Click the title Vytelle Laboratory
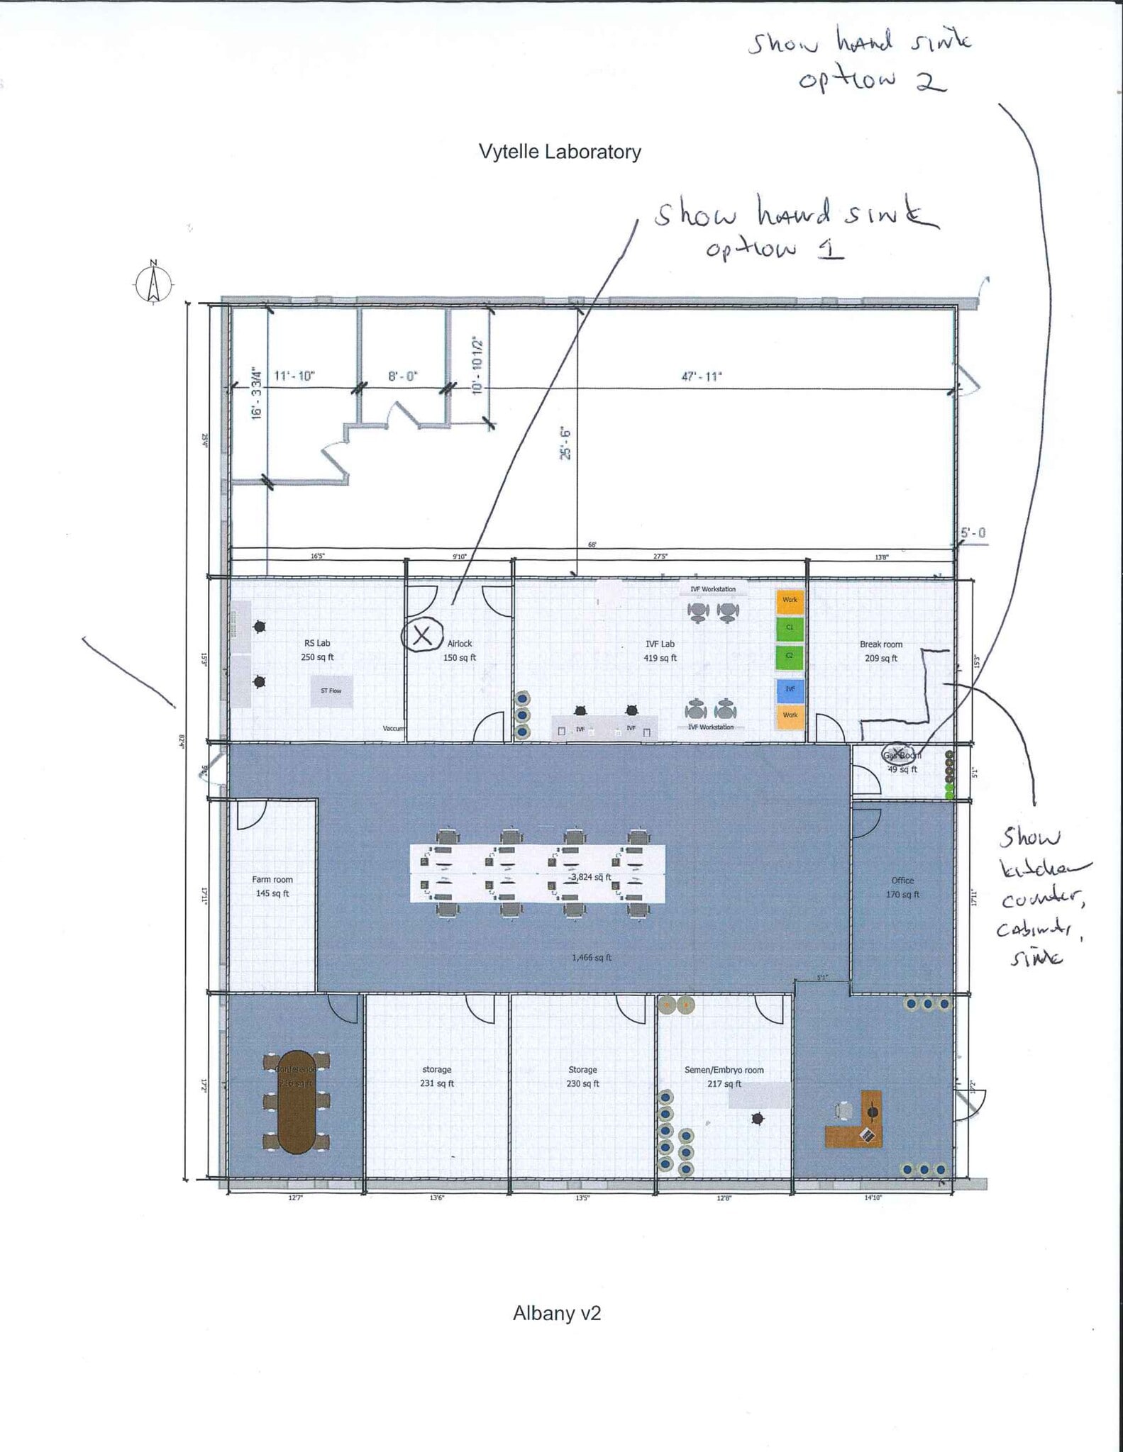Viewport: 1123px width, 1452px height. (x=560, y=152)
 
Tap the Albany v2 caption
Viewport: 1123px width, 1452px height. (x=557, y=1313)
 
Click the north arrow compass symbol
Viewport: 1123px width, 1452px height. (x=153, y=283)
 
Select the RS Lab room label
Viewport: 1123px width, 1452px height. (x=317, y=650)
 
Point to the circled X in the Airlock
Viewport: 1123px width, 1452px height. (x=422, y=635)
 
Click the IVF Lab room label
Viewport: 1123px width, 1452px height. (x=660, y=651)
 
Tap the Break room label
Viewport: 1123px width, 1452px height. (x=881, y=651)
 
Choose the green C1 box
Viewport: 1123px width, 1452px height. (x=790, y=627)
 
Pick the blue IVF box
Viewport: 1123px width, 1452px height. (x=790, y=688)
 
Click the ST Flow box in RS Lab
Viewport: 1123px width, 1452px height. (x=331, y=691)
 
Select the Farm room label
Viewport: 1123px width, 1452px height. (x=272, y=886)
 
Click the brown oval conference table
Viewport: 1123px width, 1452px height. (x=297, y=1102)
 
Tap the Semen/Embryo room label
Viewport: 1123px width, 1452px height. (x=724, y=1076)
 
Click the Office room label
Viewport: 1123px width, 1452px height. (x=902, y=887)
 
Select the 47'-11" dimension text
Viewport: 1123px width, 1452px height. (x=701, y=376)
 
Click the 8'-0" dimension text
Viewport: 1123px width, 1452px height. (x=403, y=376)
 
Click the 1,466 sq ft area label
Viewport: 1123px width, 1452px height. (x=592, y=958)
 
